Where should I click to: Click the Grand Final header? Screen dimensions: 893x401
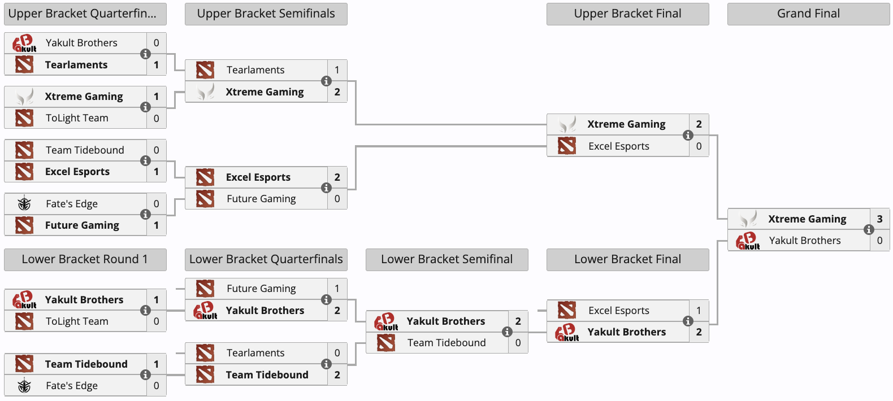[x=808, y=14]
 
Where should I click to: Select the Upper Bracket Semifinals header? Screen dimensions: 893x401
[x=266, y=14]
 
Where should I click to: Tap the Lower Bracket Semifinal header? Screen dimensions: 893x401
[x=447, y=260]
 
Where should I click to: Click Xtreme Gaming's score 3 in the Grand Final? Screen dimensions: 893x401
[x=879, y=219]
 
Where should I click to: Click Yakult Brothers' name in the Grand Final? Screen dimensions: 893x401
[x=805, y=241]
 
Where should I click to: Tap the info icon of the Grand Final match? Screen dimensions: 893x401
[x=869, y=229]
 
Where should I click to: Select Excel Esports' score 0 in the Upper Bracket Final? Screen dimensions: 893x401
[x=699, y=146]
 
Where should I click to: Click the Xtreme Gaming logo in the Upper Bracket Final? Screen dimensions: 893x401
[x=567, y=124]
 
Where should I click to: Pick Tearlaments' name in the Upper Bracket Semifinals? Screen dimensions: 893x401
[x=255, y=70]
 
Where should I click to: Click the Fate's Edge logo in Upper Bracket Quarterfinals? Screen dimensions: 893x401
[x=24, y=203]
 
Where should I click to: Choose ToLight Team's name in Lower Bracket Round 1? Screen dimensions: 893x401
[x=77, y=321]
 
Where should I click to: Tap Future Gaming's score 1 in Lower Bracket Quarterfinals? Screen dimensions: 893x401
[x=337, y=288]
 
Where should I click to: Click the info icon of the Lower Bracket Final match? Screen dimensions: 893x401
[x=688, y=321]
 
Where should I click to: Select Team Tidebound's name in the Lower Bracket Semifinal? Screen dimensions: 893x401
[x=446, y=343]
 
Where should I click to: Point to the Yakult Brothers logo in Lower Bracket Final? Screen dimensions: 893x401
[x=567, y=332]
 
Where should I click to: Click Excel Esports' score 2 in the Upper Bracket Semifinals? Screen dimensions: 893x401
[x=337, y=177]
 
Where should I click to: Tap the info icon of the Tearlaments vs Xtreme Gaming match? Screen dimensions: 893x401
[x=326, y=81]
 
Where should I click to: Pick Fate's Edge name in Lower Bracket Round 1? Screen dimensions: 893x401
[x=72, y=386]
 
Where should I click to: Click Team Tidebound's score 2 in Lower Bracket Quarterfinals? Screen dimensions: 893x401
[x=337, y=374]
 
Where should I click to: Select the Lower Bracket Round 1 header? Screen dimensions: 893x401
[x=85, y=260]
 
